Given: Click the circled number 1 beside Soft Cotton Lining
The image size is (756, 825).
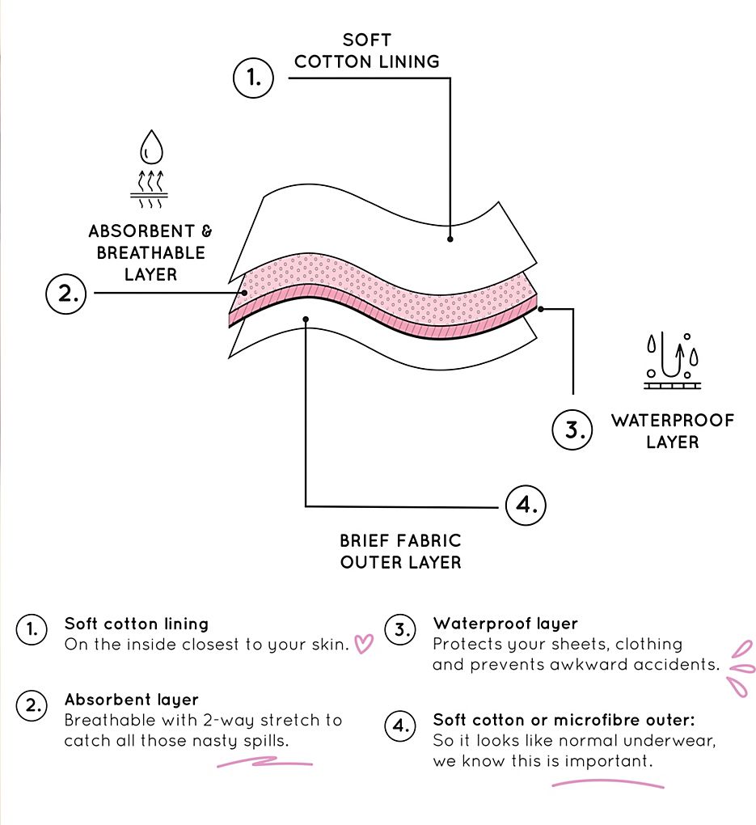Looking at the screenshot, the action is click(253, 78).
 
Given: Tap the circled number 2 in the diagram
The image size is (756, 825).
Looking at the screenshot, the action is click(65, 294).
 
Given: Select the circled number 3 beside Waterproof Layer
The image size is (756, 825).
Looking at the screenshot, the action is click(572, 429).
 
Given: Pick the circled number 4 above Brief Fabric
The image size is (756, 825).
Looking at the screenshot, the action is click(526, 505).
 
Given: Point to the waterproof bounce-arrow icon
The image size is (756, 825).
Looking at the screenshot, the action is click(673, 361).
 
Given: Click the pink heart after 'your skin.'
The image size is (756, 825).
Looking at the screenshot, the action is click(364, 644).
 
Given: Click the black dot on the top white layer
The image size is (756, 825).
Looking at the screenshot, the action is click(450, 239).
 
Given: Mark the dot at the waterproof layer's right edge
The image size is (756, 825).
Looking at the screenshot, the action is click(541, 309).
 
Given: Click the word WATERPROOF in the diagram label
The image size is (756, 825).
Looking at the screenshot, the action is click(673, 421).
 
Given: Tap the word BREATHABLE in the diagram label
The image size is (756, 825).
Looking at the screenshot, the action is click(151, 253).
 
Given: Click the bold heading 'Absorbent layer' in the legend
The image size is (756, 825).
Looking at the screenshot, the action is click(132, 700).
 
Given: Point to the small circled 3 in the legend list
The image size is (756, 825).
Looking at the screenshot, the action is click(400, 629).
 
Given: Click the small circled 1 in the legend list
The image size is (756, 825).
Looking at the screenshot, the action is click(32, 629).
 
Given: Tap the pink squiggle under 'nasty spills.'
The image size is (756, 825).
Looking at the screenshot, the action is click(264, 762).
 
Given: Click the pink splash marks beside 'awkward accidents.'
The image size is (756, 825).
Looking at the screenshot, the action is click(741, 669).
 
